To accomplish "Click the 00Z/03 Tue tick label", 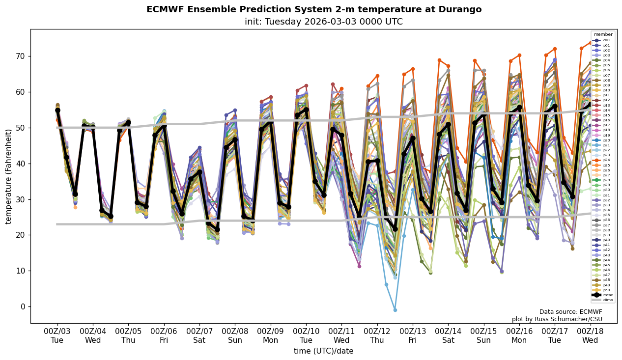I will pos(57,335).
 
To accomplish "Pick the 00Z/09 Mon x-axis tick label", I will pos(271,335).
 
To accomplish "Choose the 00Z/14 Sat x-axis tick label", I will pos(449,335).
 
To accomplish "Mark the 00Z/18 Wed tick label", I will pos(591,335).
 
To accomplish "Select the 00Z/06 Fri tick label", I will pos(164,335).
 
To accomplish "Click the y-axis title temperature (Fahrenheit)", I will pos(9,176).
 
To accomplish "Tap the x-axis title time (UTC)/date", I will pos(323,351).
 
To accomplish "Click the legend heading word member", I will pos(603,34).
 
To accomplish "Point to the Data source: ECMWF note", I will pos(570,312).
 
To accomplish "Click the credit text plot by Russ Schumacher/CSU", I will pos(557,319).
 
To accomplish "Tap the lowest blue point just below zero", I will pos(395,310).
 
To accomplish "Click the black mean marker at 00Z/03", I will pos(57,111).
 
